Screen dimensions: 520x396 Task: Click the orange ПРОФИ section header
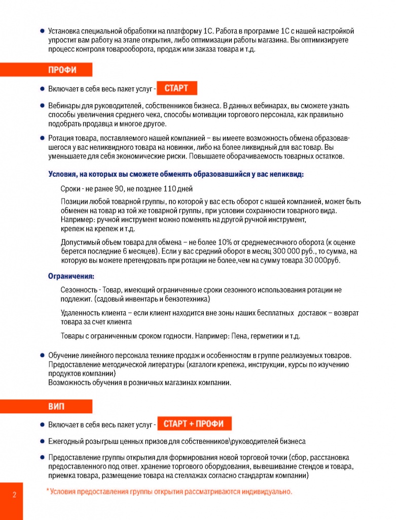62,70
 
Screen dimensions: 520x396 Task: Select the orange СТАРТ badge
176,88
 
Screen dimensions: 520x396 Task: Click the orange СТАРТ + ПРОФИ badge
195,424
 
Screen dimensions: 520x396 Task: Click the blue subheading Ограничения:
71,277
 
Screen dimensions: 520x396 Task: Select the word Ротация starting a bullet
62,138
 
